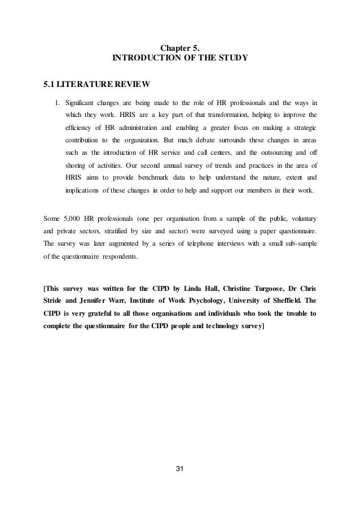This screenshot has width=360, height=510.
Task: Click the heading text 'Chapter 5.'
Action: pyautogui.click(x=180, y=47)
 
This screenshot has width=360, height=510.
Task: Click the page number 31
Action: pyautogui.click(x=180, y=485)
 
